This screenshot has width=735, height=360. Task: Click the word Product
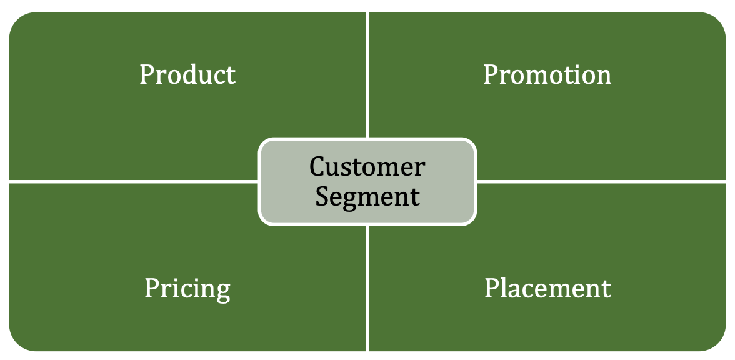coord(187,74)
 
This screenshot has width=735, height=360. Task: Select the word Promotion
coord(547,74)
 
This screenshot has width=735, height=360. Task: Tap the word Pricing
coord(187,289)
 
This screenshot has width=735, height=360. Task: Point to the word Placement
coord(547,288)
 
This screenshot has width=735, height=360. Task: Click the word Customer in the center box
coord(367,167)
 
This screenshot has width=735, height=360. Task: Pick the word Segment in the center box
coord(367,196)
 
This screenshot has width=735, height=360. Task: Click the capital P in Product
coord(146,74)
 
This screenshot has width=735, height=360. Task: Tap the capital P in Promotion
coord(491,74)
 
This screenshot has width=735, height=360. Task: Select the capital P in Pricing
coord(151,288)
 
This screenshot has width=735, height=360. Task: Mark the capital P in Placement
coord(492,288)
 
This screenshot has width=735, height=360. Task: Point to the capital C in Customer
coord(317,167)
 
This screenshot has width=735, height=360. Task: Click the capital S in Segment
coord(321,196)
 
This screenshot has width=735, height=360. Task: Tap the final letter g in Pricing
coord(223,291)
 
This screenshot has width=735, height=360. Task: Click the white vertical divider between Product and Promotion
coord(368,75)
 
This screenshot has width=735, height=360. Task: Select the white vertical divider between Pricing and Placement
coord(368,287)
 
